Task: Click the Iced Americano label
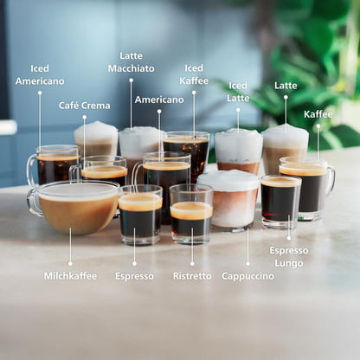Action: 40,74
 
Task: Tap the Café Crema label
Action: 84,106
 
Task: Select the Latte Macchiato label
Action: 132,62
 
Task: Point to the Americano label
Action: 159,100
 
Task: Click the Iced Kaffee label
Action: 194,74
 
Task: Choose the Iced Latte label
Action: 238,92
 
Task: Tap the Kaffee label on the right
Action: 318,114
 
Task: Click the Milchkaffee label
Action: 70,276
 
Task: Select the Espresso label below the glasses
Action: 134,276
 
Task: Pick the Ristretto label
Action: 191,276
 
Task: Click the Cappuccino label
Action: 247,276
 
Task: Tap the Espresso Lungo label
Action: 288,256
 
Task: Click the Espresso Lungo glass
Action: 280,201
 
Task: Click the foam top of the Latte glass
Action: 285,136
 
